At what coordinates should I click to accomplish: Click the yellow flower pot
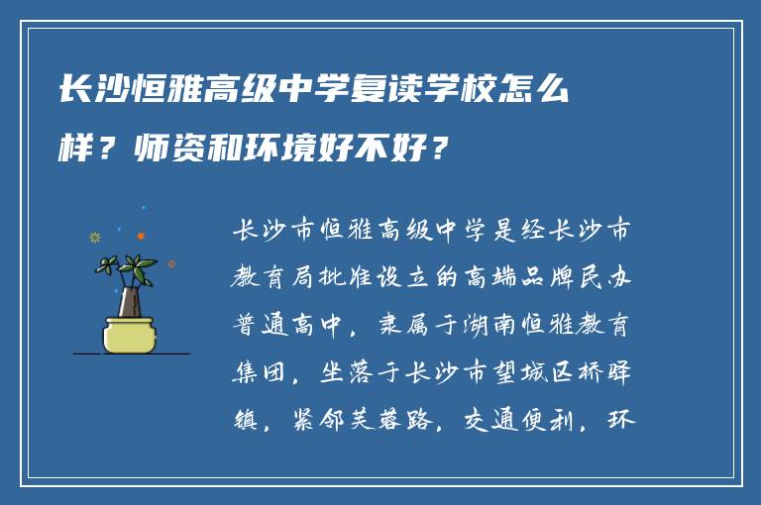click(x=129, y=333)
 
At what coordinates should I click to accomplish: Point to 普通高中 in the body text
click(x=287, y=325)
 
